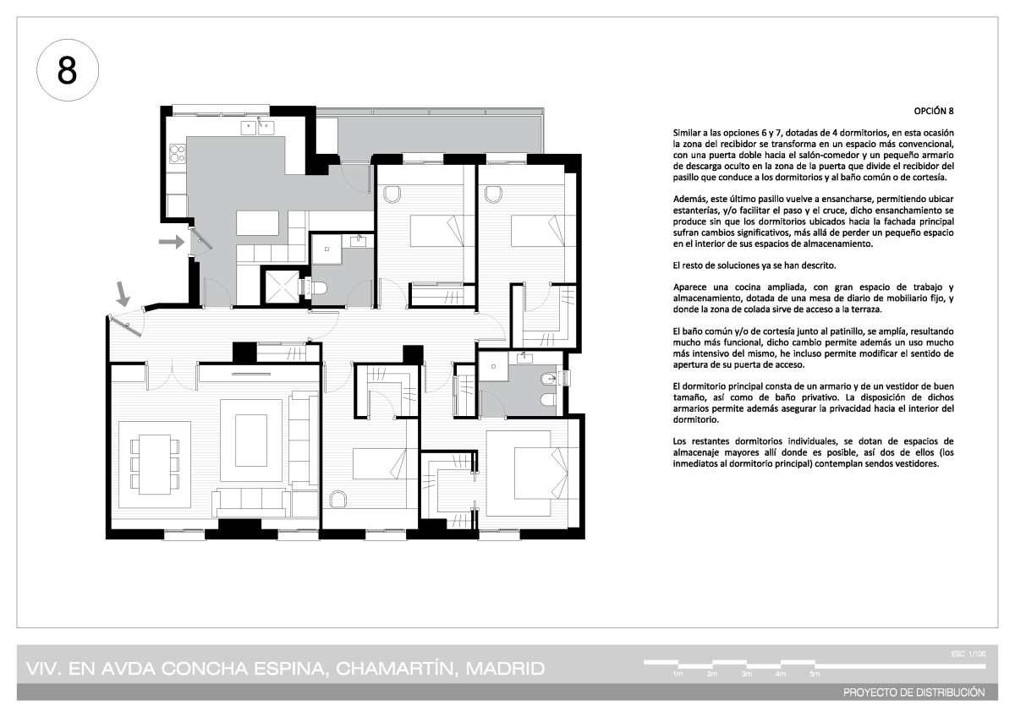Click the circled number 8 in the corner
pos(68,70)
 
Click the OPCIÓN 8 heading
pos(934,111)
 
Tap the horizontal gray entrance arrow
pos(172,242)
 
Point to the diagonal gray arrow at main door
pos(123,294)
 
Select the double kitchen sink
pos(257,128)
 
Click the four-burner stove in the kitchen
pos(177,153)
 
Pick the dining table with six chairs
pos(155,465)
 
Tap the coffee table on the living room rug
pos(251,441)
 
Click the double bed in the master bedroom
pos(533,473)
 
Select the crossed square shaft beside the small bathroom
pos(283,287)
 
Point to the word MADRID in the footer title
pos(505,669)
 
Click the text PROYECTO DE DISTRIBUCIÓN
pos(914,692)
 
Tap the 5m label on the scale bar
pos(815,674)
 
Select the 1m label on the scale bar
pos(678,674)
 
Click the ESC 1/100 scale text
pos(968,654)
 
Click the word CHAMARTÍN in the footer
pos(394,669)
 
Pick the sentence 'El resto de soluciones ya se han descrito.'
pos(754,265)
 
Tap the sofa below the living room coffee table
pos(251,503)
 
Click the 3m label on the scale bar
pos(747,674)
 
